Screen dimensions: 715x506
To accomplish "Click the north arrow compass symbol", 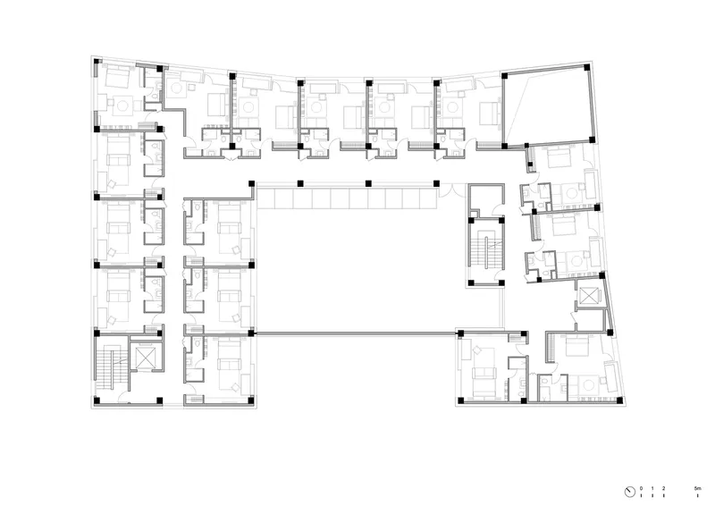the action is pyautogui.click(x=630, y=492).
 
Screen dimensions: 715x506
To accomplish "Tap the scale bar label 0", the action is pyautogui.click(x=641, y=488).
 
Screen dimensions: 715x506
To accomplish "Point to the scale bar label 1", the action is pyautogui.click(x=652, y=488).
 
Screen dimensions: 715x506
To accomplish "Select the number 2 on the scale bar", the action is pyautogui.click(x=663, y=488).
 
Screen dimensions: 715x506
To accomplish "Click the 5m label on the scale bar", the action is pyautogui.click(x=697, y=488).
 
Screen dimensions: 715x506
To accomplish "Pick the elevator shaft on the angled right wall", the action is pyautogui.click(x=589, y=295).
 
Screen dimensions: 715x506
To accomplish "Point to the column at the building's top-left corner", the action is pyautogui.click(x=97, y=61).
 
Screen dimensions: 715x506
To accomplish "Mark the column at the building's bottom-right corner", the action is pyautogui.click(x=619, y=401).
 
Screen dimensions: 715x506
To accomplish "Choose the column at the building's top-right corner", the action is pyautogui.click(x=587, y=67).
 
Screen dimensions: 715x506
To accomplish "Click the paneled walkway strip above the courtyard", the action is pyautogui.click(x=347, y=199).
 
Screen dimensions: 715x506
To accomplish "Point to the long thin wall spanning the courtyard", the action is pyautogui.click(x=356, y=334).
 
